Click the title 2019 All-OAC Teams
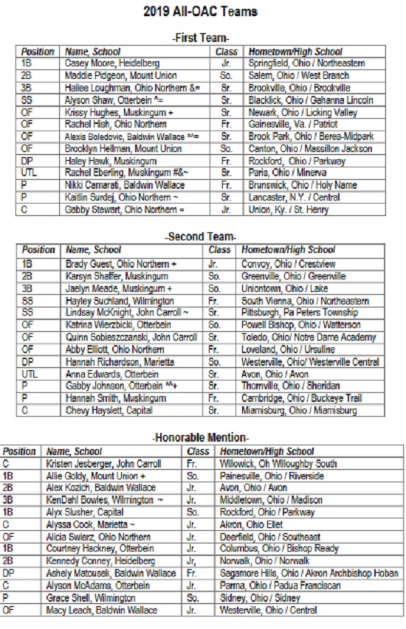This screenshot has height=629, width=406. pos(201,13)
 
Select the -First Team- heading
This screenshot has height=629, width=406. pos(201,38)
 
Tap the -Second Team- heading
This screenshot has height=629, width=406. pos(201,237)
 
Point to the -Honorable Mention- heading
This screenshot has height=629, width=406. pos(201,438)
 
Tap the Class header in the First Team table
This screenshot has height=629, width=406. pos(227,52)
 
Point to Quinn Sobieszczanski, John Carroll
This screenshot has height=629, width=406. pos(131,336)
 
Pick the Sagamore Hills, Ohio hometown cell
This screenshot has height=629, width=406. pos(309,573)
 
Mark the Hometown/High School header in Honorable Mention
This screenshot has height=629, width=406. pos(266,451)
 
